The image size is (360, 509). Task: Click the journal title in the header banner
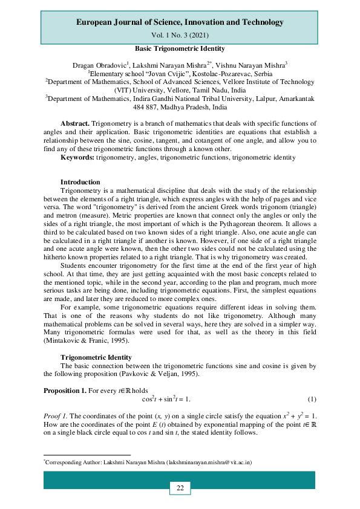pos(180,22)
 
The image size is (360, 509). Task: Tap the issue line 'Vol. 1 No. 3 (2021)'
pos(180,36)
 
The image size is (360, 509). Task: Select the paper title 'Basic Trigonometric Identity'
pos(180,48)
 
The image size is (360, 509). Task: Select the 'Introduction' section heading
pos(80,182)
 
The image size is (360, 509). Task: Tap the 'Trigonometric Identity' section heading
pos(96,357)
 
